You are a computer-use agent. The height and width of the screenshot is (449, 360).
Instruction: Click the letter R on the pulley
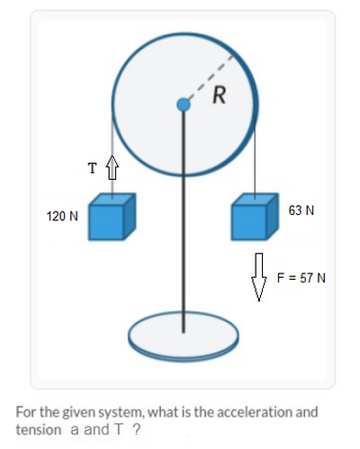pos(220,95)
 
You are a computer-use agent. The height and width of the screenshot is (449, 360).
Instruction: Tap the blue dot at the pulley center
pos(184,104)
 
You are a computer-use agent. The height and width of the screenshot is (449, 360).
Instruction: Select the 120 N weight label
pos(62,216)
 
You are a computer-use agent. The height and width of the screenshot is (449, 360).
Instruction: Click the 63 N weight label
pos(301,211)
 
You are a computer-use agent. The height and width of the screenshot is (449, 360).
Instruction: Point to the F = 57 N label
pos(301,278)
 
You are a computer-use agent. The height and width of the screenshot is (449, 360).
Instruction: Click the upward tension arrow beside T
pos(112,167)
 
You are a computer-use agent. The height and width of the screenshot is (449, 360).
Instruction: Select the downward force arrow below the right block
pos(259,276)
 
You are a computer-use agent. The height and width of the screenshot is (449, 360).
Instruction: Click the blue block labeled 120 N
pos(112,217)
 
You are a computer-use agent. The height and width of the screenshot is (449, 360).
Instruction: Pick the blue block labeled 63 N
pos(255,217)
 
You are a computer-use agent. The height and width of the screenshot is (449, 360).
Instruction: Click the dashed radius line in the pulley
pos(209,80)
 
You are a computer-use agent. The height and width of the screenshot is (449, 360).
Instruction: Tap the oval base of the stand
pos(184,337)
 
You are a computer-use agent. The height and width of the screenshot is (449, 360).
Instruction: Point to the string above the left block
pos(112,156)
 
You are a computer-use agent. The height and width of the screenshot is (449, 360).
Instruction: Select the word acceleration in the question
pos(255,412)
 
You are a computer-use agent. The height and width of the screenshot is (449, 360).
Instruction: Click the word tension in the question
pos(39,429)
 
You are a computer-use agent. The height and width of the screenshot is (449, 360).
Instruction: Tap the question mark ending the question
pos(137,429)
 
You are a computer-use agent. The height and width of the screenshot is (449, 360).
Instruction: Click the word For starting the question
pos(26,412)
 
